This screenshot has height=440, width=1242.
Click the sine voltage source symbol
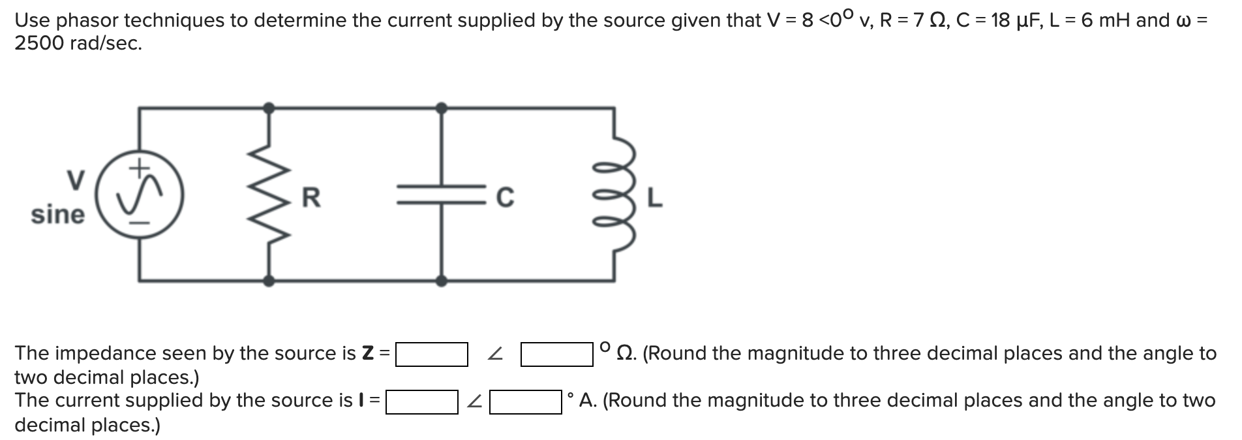pyautogui.click(x=140, y=195)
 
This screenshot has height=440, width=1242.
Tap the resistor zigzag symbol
pyautogui.click(x=268, y=195)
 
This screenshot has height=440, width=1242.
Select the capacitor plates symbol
pyautogui.click(x=442, y=195)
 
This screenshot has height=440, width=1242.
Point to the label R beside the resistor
pyautogui.click(x=311, y=196)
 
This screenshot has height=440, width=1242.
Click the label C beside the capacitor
pyautogui.click(x=505, y=196)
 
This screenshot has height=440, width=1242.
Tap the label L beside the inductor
pyautogui.click(x=655, y=196)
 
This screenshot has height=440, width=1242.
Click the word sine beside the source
pyautogui.click(x=57, y=214)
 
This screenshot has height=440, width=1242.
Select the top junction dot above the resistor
pyautogui.click(x=268, y=108)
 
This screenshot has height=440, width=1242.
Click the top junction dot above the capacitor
pyautogui.click(x=442, y=108)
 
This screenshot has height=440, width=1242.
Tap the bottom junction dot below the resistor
pyautogui.click(x=268, y=281)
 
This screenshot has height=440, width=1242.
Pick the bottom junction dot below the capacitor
pyautogui.click(x=442, y=281)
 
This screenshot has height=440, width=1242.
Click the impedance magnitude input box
pyautogui.click(x=431, y=354)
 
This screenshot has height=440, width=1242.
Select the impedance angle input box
pyautogui.click(x=556, y=354)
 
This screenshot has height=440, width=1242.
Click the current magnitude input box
pyautogui.click(x=421, y=401)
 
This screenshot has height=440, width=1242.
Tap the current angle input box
pyautogui.click(x=526, y=401)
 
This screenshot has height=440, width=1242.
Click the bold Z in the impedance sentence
pyautogui.click(x=368, y=353)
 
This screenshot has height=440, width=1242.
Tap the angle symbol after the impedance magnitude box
pyautogui.click(x=496, y=354)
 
